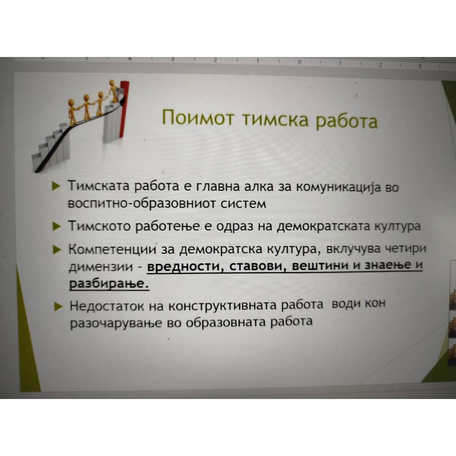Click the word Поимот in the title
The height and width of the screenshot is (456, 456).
click(198, 117)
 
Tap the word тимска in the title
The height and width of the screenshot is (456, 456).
click(275, 119)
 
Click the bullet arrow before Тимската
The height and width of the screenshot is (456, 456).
click(56, 186)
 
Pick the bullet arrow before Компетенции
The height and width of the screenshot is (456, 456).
click(57, 249)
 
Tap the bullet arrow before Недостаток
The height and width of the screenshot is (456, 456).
click(59, 306)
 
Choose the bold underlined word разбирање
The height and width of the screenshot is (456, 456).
click(109, 283)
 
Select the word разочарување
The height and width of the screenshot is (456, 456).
click(116, 323)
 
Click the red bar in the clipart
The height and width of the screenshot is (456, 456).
click(124, 110)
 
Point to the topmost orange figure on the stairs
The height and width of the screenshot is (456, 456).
click(113, 90)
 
